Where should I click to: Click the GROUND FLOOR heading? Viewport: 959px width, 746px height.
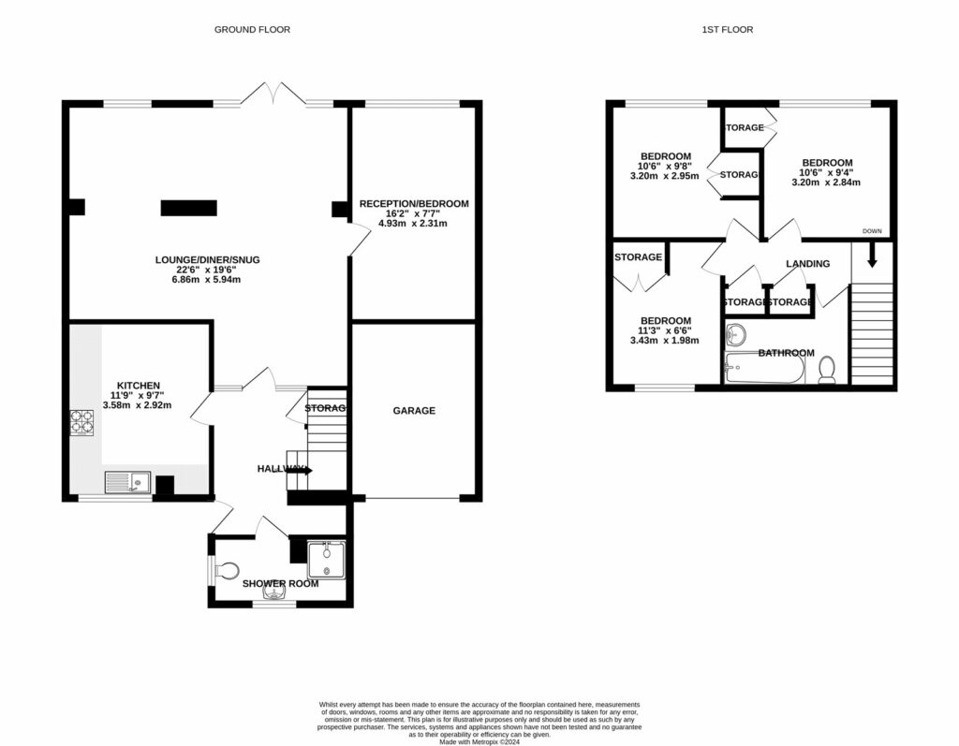click(252, 30)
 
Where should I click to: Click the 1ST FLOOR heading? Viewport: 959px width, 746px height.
click(727, 30)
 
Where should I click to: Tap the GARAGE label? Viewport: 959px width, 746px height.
click(413, 410)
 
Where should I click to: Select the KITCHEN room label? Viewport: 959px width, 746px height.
click(138, 386)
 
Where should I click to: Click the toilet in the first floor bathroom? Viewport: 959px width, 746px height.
click(827, 373)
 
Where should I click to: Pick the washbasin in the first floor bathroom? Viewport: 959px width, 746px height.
click(738, 334)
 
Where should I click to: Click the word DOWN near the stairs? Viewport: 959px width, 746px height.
click(871, 230)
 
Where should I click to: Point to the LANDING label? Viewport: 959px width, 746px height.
click(807, 264)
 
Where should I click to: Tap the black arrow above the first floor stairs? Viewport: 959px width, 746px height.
click(871, 254)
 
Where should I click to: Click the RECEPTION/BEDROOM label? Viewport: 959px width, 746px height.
click(413, 203)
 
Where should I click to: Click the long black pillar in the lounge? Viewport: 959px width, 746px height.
click(188, 208)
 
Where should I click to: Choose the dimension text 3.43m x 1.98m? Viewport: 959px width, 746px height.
click(664, 341)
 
